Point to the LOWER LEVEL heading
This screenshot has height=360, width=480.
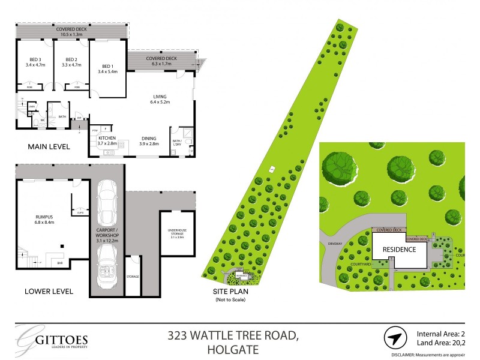pos(49,292)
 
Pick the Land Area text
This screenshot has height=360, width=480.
pos(441,343)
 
